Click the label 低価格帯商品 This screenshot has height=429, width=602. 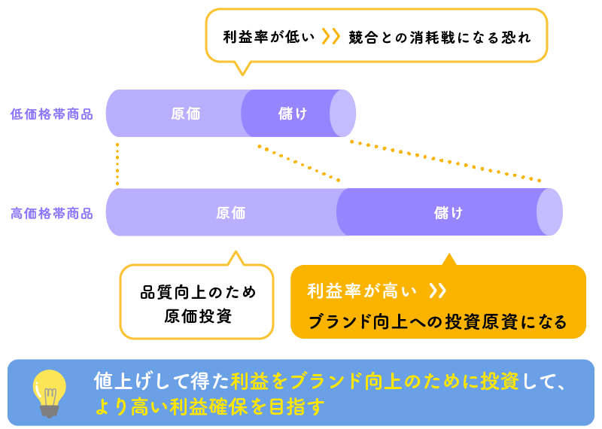coord(51,114)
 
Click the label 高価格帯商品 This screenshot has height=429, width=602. coord(51,213)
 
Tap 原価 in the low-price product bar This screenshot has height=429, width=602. coord(185,114)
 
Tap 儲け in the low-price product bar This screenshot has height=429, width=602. coord(293,114)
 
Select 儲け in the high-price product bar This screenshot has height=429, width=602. coord(448,213)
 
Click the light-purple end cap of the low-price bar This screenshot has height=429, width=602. coord(343,114)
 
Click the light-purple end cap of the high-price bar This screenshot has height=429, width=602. coord(550,212)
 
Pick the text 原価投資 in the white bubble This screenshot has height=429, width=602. coord(198,316)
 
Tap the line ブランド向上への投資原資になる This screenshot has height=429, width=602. coord(438,322)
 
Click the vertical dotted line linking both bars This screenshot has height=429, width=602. coord(117,163)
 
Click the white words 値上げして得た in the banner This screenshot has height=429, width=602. coord(161,381)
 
